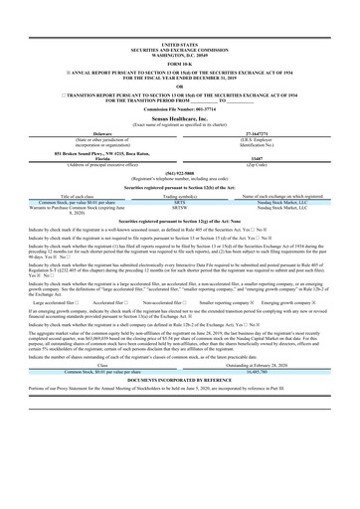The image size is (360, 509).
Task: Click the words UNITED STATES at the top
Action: (179, 45)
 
